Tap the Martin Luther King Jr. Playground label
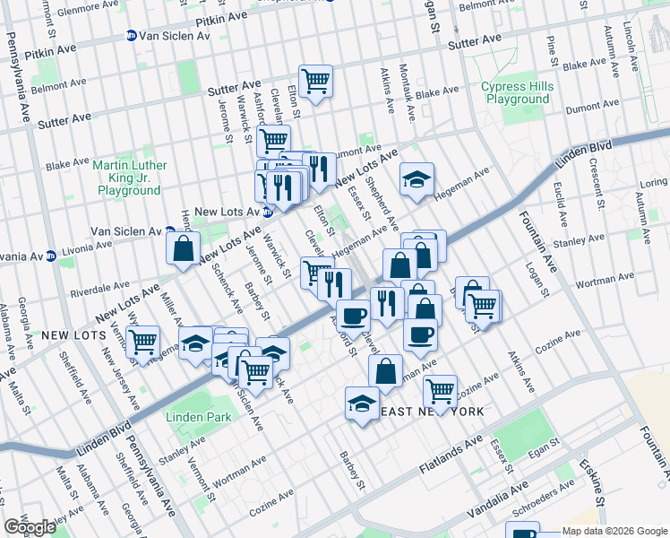130,178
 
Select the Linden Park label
190,417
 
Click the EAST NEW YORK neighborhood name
434,411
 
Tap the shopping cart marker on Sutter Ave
315,82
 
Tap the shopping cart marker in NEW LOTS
142,342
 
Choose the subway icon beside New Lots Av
267,212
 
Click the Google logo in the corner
30,527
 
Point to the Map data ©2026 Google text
615,531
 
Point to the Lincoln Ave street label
653,33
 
